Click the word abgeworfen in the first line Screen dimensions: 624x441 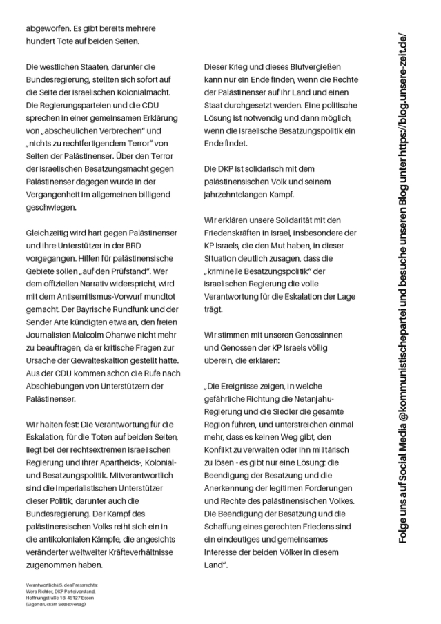click(x=48, y=28)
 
